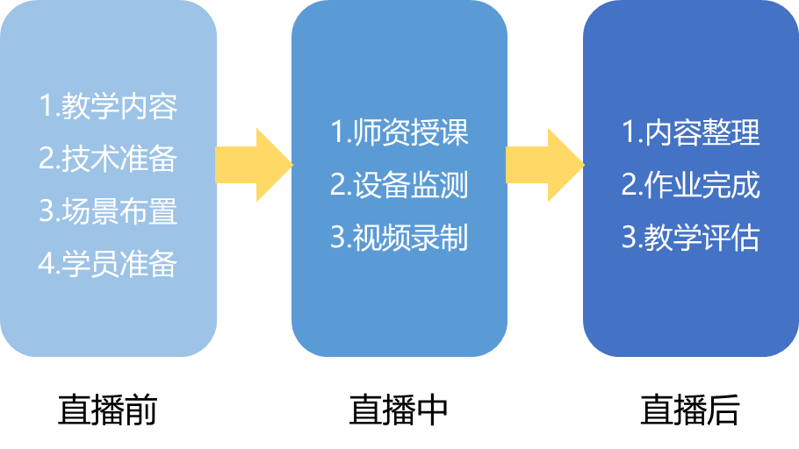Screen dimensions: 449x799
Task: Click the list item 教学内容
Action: (108, 107)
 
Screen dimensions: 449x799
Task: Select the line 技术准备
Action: (108, 159)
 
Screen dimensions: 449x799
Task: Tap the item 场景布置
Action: (108, 211)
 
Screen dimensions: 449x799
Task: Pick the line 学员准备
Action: (108, 264)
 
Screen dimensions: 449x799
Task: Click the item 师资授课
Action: (399, 133)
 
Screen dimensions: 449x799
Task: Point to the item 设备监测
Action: (399, 185)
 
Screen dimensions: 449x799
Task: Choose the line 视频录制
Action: (399, 238)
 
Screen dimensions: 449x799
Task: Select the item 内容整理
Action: (691, 133)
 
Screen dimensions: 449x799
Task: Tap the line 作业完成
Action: (691, 185)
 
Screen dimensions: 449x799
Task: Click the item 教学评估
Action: (691, 238)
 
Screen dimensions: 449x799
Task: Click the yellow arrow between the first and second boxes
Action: (255, 165)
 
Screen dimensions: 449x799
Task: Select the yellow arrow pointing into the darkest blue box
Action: (545, 165)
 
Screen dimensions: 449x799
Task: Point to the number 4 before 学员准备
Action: (47, 264)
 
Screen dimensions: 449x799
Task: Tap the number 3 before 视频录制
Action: (338, 238)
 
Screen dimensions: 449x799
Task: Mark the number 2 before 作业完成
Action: (630, 185)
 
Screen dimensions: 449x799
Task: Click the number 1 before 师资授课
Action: (338, 133)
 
